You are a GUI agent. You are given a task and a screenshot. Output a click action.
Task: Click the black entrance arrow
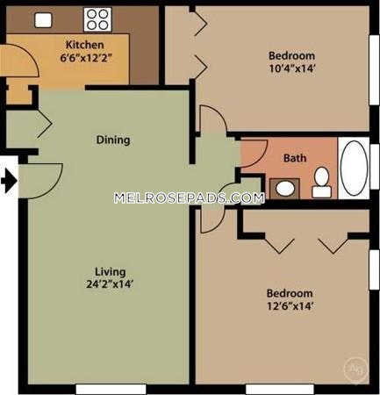point(9,182)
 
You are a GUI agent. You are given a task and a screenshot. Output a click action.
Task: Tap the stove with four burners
point(97,19)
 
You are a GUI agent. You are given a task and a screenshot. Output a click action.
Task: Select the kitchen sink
point(43,20)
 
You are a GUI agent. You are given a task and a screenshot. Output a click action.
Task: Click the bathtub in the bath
point(354,169)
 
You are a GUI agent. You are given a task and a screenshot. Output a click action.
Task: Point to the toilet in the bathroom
point(322,182)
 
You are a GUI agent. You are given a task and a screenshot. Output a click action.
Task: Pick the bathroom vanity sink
point(284,189)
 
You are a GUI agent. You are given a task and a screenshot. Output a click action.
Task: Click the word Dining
point(113,140)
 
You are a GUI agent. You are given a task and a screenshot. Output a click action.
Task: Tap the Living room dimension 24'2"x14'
point(110,284)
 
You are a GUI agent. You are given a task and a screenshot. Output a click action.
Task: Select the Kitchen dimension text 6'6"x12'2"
point(86,58)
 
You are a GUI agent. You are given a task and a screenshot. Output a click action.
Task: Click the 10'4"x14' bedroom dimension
point(291,68)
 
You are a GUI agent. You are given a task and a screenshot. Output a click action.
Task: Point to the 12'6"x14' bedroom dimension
point(290,306)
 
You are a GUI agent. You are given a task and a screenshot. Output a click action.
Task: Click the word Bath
point(295,158)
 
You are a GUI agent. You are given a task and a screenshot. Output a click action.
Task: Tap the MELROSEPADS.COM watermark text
point(190,198)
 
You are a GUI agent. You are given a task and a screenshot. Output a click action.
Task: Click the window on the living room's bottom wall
point(111,390)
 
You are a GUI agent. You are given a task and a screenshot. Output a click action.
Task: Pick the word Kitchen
point(85,45)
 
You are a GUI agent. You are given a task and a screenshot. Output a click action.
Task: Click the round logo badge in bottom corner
point(356,370)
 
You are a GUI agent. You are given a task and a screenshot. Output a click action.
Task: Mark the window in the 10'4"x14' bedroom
point(375,70)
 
